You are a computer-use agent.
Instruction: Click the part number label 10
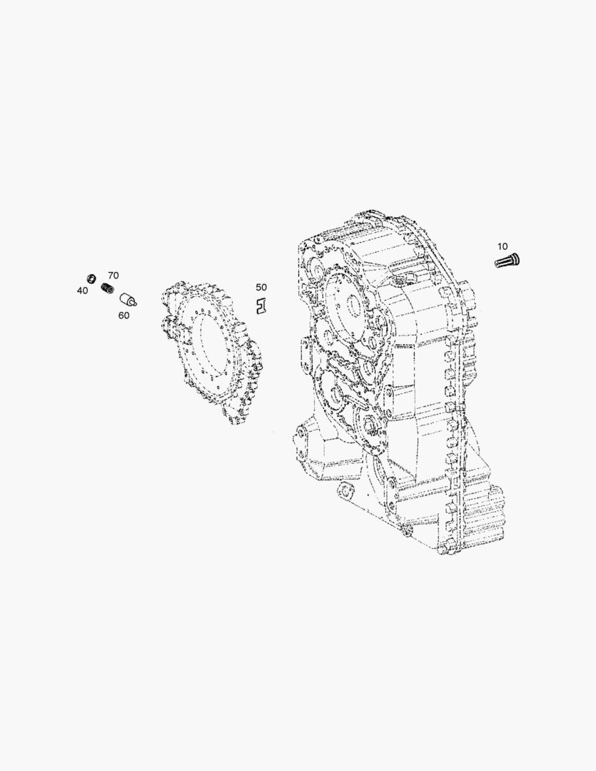tap(502, 246)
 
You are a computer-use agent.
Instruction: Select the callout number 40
tap(82, 291)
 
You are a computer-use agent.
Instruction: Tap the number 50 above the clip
tap(261, 287)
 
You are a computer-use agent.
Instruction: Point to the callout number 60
tap(123, 316)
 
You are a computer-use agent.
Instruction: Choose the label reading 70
tap(113, 276)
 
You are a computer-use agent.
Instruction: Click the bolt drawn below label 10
tap(507, 260)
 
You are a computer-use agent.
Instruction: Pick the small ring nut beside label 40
tap(91, 277)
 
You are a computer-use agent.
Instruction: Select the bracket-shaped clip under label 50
tap(261, 306)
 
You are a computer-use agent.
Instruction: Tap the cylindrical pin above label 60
tap(128, 299)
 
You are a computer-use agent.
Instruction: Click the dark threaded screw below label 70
tap(107, 288)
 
